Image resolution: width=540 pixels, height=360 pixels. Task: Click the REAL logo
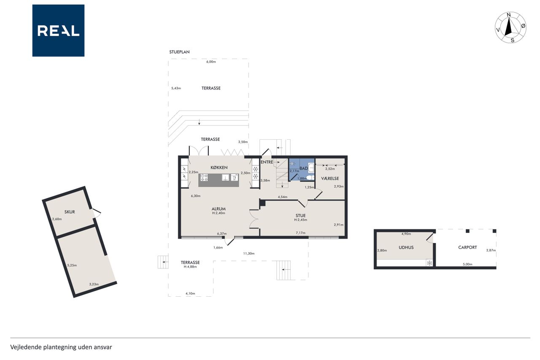click(58, 31)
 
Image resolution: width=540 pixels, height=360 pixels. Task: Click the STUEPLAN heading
click(179, 52)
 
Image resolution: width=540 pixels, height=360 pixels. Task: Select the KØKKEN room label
click(219, 168)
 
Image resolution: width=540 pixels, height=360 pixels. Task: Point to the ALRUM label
click(219, 209)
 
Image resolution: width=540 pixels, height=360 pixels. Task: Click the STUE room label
click(300, 216)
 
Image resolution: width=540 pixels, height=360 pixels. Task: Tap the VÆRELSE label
click(330, 179)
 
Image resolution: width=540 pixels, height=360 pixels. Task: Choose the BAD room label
click(303, 168)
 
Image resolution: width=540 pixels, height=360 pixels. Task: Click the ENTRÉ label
click(267, 162)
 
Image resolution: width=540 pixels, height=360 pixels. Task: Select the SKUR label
click(70, 212)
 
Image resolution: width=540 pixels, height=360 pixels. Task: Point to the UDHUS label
click(406, 247)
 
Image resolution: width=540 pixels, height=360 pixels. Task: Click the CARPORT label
click(467, 247)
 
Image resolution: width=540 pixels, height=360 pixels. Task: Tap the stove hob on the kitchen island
click(205, 178)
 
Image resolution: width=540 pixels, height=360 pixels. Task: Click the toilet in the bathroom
click(310, 178)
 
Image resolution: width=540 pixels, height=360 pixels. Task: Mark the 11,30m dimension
click(249, 253)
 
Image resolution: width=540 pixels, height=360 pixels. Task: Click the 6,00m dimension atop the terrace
click(211, 62)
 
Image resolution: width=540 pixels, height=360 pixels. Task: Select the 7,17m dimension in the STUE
click(301, 233)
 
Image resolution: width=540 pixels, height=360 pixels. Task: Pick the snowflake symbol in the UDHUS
click(429, 263)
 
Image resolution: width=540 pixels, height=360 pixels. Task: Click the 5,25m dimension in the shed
click(72, 265)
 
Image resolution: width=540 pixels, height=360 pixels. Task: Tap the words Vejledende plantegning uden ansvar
click(61, 347)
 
